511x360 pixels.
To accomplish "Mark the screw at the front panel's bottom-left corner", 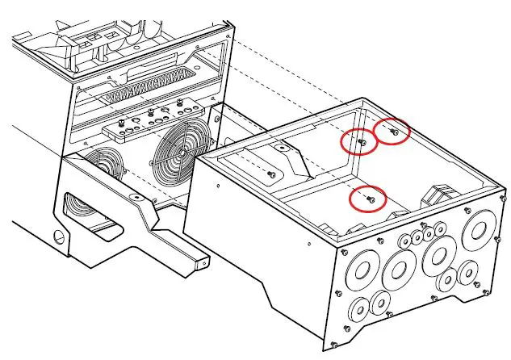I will pos(346,328).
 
